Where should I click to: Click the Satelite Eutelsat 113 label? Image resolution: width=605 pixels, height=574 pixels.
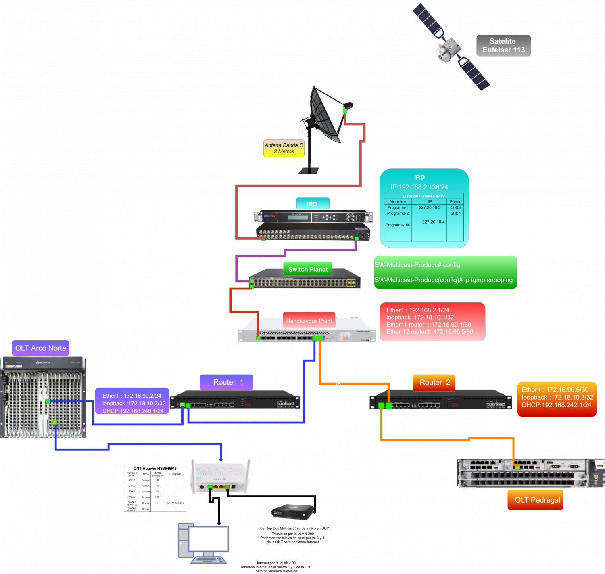coord(503,45)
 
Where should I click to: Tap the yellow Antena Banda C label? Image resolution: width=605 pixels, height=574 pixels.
coord(284,148)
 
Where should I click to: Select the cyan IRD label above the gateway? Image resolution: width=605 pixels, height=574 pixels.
coord(312,204)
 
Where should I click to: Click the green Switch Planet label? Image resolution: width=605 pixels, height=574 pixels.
coord(308,269)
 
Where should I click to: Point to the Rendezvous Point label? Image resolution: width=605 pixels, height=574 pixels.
coord(309,321)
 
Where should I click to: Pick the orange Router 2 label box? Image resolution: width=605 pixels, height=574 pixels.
coord(434,382)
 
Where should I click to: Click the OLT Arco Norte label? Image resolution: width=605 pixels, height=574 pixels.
coord(40,348)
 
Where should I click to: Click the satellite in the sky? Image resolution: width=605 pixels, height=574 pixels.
coord(451,47)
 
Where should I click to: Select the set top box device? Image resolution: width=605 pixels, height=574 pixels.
coord(292,511)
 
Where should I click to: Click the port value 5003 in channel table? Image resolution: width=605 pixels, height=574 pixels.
coord(455,207)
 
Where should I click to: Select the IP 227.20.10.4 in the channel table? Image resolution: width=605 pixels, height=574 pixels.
coord(433,222)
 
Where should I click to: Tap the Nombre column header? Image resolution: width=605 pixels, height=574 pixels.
coord(398,202)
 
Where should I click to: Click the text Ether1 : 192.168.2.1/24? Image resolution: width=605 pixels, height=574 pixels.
coord(417,310)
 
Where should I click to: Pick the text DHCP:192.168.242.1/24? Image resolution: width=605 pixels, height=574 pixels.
coord(556,405)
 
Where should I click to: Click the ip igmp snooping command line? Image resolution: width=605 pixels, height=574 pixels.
coord(443,280)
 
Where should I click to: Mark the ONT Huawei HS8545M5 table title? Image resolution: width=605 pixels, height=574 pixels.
coord(154,468)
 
